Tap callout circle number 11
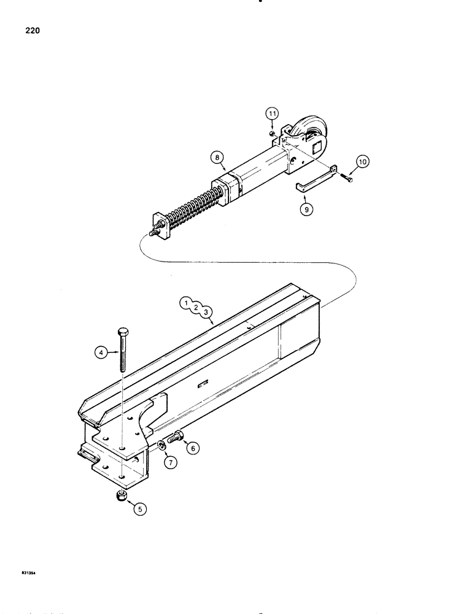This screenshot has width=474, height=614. pyautogui.click(x=271, y=114)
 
